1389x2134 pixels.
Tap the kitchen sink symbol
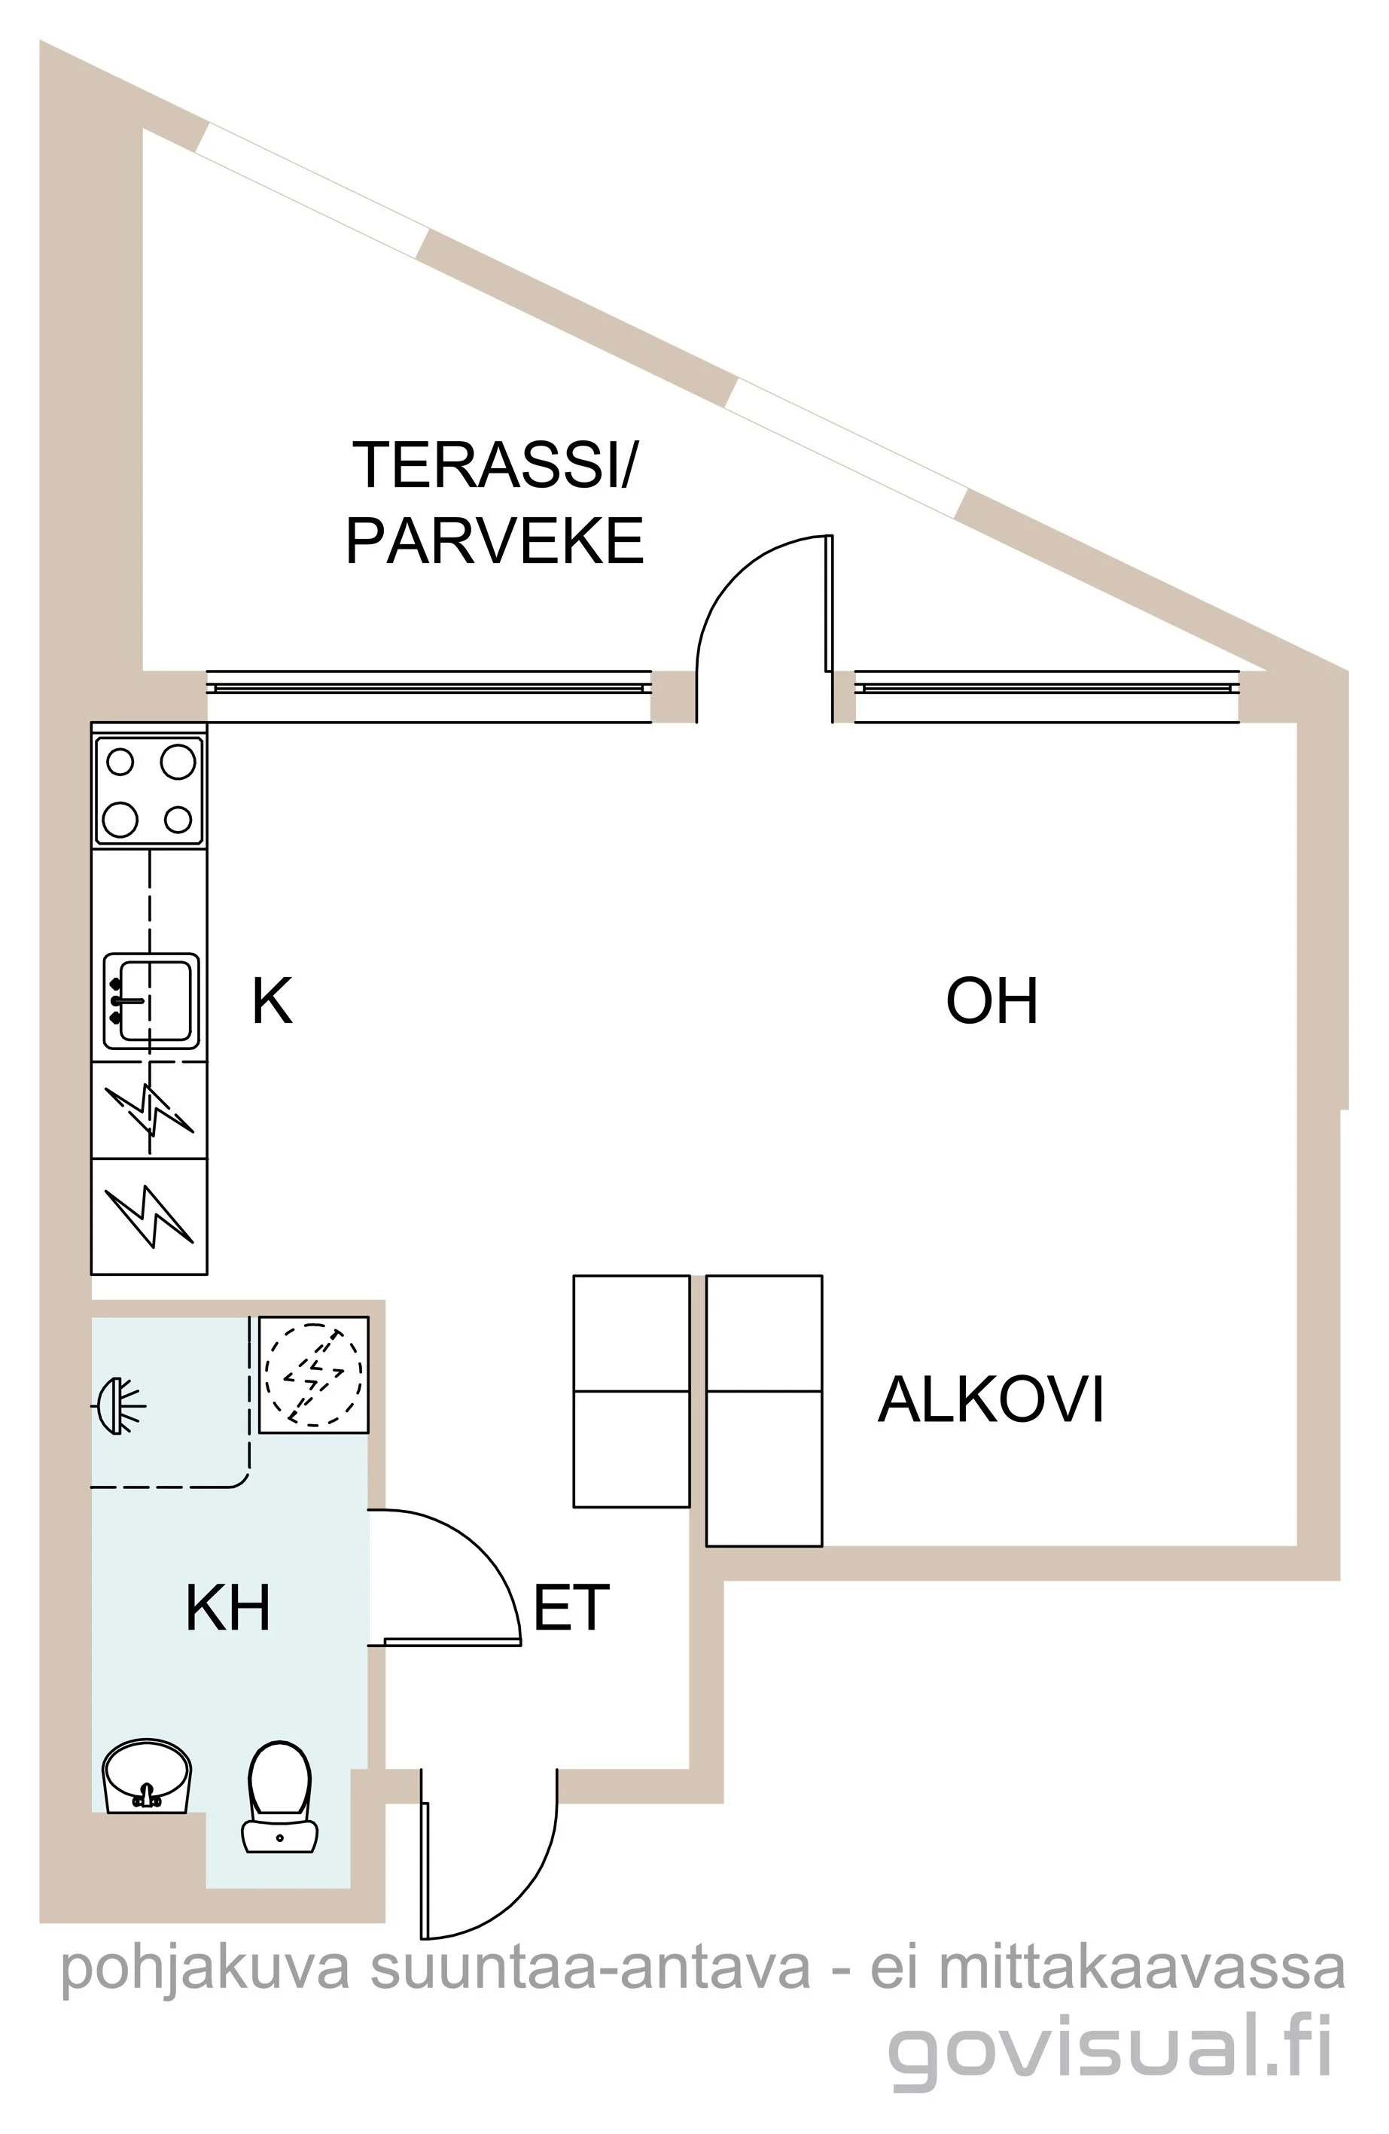point(151,1000)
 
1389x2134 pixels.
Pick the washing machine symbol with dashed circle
point(314,1374)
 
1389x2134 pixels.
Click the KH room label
point(228,1608)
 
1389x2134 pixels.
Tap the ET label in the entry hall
point(571,1608)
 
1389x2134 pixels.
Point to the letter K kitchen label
point(272,1002)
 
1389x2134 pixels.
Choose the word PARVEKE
point(495,540)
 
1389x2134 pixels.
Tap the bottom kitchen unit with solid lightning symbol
point(149,1216)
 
